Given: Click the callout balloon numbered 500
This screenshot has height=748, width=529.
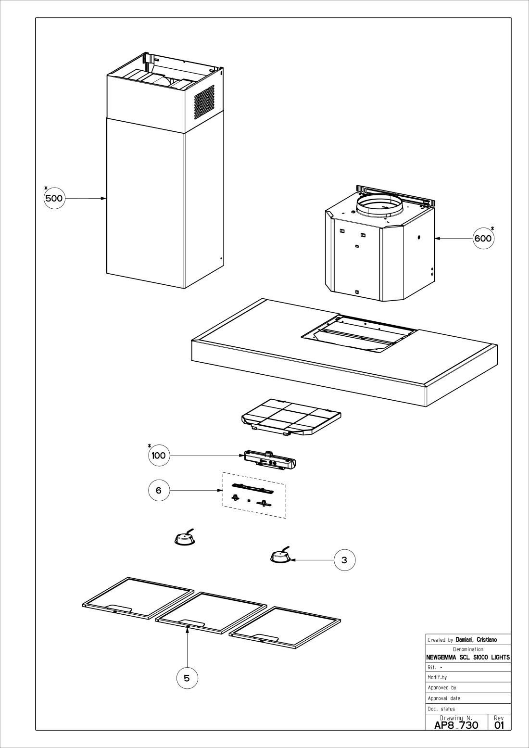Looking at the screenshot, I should pyautogui.click(x=54, y=198).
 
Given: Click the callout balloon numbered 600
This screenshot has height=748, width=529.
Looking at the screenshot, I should pyautogui.click(x=483, y=238).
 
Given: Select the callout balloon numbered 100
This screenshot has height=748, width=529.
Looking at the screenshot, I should pyautogui.click(x=159, y=455).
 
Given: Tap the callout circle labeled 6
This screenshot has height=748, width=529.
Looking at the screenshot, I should pyautogui.click(x=159, y=491).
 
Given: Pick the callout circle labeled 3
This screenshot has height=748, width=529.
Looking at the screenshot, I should pyautogui.click(x=344, y=560).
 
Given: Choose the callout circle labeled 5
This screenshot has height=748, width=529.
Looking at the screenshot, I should pyautogui.click(x=187, y=678).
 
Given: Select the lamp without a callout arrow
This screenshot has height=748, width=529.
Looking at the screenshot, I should pyautogui.click(x=185, y=539).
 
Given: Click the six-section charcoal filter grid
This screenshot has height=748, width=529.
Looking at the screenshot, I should pyautogui.click(x=291, y=417).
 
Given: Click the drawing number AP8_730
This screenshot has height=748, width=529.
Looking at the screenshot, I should pyautogui.click(x=456, y=725).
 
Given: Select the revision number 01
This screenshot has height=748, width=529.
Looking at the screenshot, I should pyautogui.click(x=499, y=725).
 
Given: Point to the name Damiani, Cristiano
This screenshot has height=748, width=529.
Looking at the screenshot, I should pyautogui.click(x=476, y=640).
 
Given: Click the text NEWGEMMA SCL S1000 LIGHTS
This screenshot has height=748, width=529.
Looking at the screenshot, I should pyautogui.click(x=468, y=658).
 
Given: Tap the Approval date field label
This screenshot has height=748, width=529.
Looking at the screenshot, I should pyautogui.click(x=444, y=698).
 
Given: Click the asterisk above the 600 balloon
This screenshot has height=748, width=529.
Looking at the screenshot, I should pyautogui.click(x=492, y=228).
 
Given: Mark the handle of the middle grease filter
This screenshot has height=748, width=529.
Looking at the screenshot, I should pyautogui.click(x=192, y=624).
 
